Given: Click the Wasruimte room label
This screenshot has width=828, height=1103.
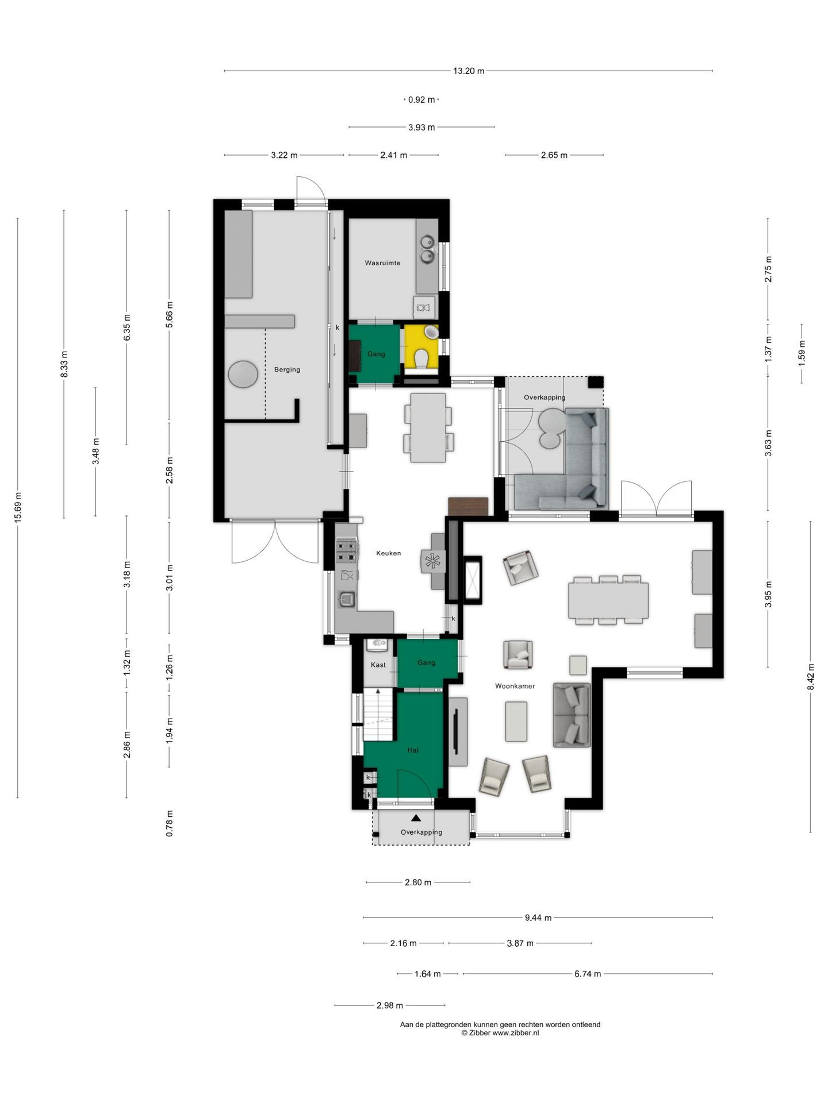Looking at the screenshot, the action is click(x=382, y=263).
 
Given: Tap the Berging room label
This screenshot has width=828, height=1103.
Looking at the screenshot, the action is click(x=287, y=370).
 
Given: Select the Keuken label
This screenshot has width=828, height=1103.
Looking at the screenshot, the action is click(x=389, y=553).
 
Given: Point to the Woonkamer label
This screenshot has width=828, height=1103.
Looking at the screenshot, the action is click(x=515, y=686).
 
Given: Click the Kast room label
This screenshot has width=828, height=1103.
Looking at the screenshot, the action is click(x=378, y=665).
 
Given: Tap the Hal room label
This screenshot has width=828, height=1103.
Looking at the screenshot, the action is click(x=413, y=750).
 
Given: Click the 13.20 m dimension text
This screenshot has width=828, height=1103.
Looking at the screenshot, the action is click(x=469, y=71).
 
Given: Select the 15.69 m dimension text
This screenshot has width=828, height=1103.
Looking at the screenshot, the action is click(x=18, y=508).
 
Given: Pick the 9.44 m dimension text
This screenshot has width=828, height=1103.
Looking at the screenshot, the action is click(x=538, y=917).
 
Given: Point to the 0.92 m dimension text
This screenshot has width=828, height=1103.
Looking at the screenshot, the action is click(x=421, y=100).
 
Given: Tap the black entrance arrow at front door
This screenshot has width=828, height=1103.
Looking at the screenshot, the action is click(x=416, y=817).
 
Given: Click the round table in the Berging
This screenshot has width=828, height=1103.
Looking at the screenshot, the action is click(x=243, y=374).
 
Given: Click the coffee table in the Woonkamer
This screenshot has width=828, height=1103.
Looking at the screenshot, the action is click(x=516, y=722).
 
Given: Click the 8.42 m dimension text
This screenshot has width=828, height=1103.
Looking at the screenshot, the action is click(x=811, y=677).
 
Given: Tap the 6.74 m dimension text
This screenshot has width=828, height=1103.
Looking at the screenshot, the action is click(x=588, y=974).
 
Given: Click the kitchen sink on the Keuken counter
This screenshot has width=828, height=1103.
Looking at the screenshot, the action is click(x=347, y=600).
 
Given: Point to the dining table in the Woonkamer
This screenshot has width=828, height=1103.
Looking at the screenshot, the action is click(x=608, y=600).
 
